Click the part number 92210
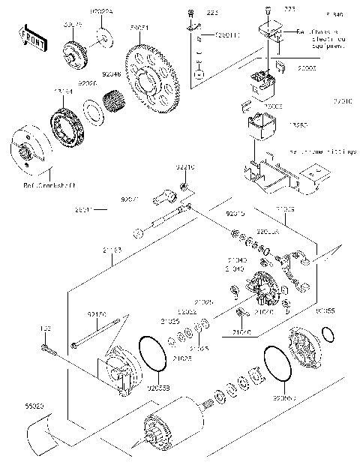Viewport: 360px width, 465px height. [x=185, y=168]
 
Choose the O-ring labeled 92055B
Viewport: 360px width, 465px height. [x=154, y=352]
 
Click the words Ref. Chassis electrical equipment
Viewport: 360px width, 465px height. [x=302, y=40]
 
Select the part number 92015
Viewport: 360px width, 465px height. [x=237, y=214]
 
